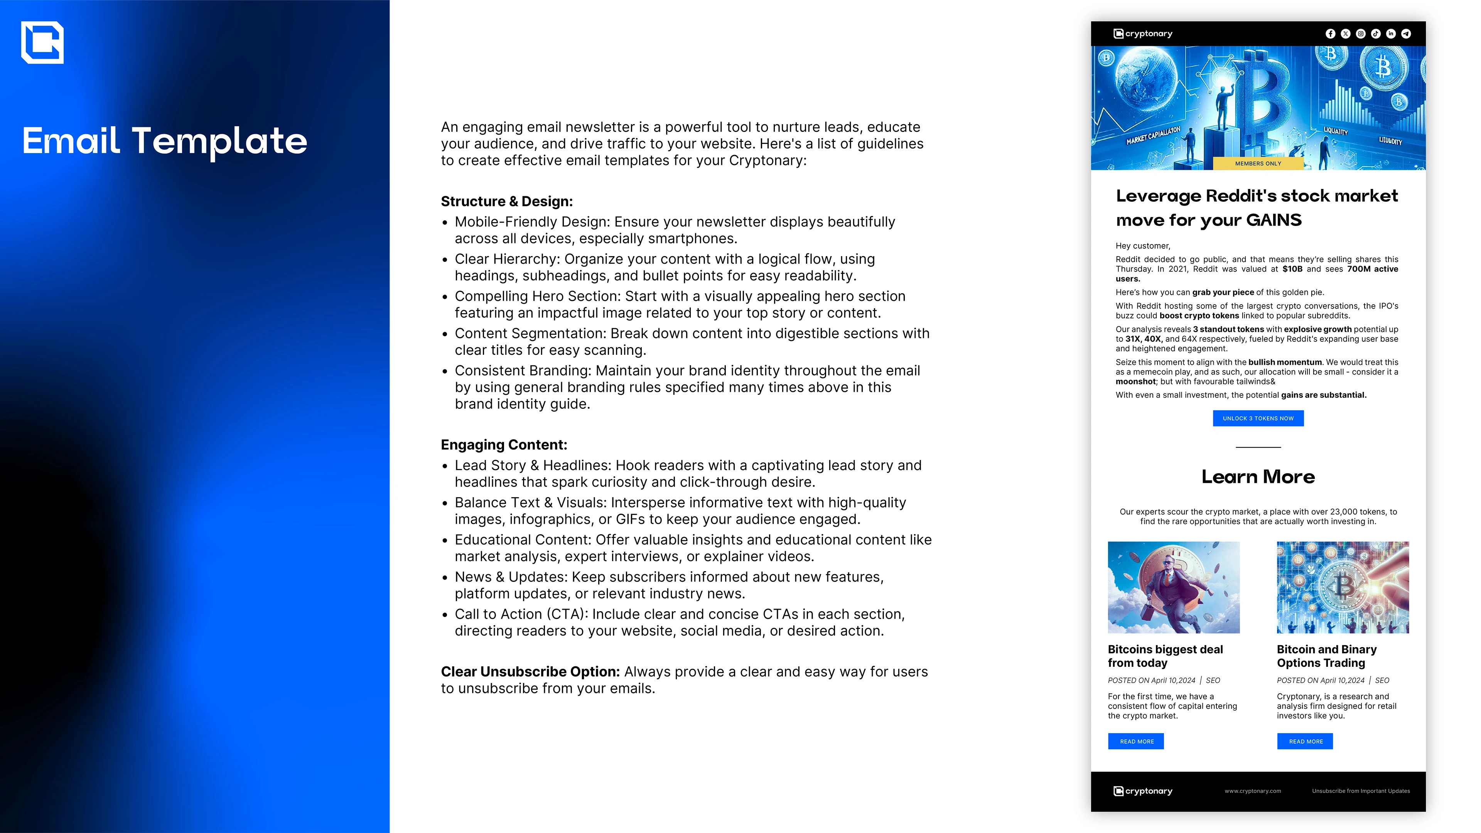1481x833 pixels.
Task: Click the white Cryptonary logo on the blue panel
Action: [42, 42]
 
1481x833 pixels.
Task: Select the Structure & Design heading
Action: [506, 202]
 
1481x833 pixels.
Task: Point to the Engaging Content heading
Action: [504, 445]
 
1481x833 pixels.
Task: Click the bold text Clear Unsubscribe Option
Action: [530, 672]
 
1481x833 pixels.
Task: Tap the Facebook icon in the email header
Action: [1330, 34]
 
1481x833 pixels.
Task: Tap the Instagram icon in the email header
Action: [1361, 34]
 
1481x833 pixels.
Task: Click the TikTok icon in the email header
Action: [1376, 34]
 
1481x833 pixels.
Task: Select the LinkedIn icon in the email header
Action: [1391, 34]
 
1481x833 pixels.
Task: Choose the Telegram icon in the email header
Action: [1406, 34]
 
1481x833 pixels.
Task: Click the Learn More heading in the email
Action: [1258, 477]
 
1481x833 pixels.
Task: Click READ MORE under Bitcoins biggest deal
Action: [1136, 742]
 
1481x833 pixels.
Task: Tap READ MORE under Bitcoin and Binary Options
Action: [1305, 742]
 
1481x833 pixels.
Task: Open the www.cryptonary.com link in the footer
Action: [1253, 791]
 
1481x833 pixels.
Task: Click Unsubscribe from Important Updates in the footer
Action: [1361, 791]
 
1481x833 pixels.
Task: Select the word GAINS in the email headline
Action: [1274, 220]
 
